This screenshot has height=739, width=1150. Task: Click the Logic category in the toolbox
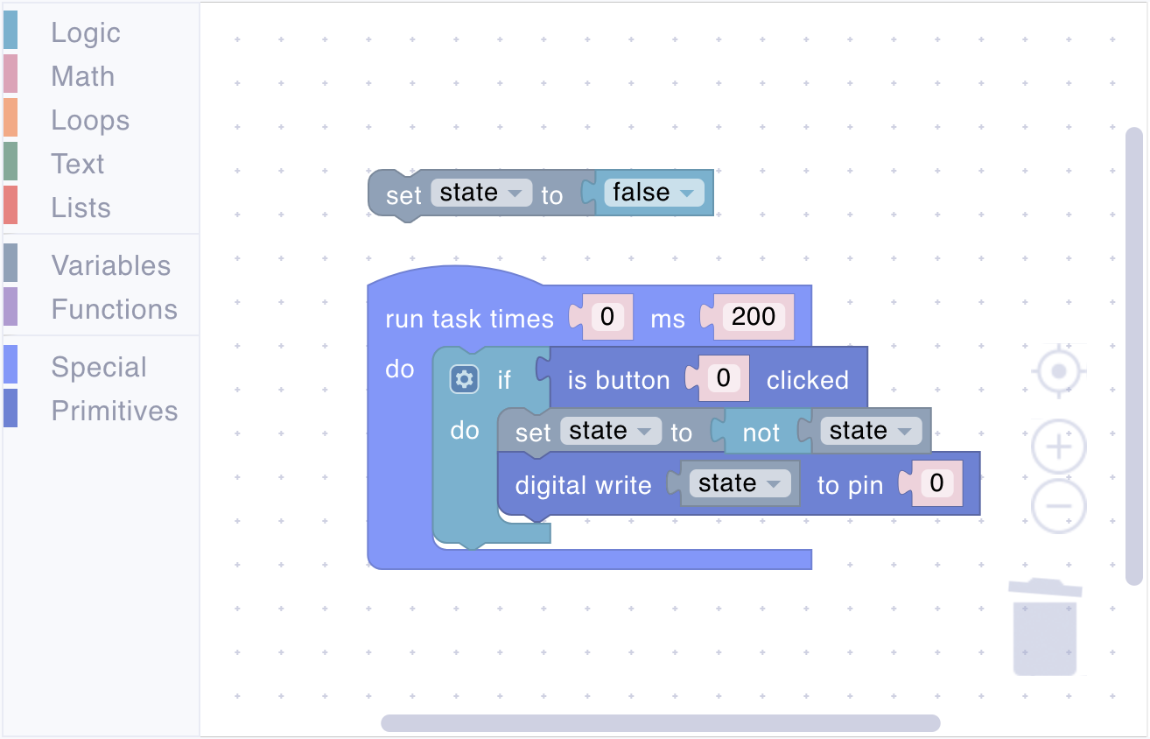[x=85, y=33]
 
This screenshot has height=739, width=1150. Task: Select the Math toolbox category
[x=82, y=76]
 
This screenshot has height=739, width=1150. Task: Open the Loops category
[x=90, y=121]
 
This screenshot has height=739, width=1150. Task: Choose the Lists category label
[x=81, y=208]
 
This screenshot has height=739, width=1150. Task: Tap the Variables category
[x=110, y=265]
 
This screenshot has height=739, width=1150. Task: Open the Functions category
[x=114, y=309]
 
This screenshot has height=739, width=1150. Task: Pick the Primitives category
[x=114, y=411]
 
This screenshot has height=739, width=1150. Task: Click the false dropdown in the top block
[x=654, y=194]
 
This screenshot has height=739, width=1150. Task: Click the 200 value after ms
[x=754, y=316]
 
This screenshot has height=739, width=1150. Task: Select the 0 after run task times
[x=607, y=316]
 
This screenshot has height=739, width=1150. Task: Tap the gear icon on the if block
[x=464, y=380]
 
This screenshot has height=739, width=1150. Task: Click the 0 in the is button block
[x=724, y=378]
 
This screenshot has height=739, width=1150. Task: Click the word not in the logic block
[x=761, y=433]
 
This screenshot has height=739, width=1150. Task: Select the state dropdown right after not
[x=871, y=431]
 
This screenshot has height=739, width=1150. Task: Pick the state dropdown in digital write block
[x=740, y=483]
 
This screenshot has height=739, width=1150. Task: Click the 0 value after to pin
[x=936, y=482]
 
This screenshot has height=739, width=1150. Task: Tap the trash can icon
[x=1045, y=627]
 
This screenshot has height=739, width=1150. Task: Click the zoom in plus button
[x=1059, y=447]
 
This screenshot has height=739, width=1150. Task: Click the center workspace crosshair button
[x=1059, y=370]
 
